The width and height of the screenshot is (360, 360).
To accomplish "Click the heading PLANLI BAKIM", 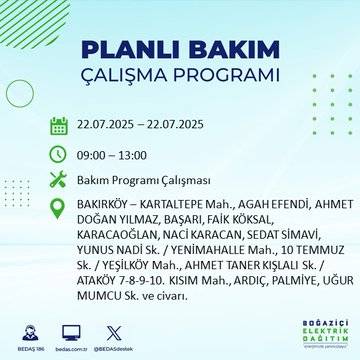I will point(180,50).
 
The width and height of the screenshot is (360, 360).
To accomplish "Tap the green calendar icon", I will point(59,125).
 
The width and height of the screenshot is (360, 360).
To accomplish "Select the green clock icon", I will point(59,155).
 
